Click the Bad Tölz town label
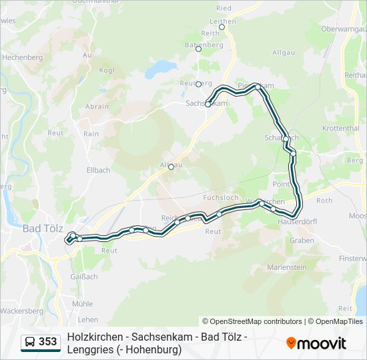pyautogui.click(x=43, y=228)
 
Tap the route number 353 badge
pyautogui.click(x=41, y=342)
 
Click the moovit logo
pyautogui.click(x=316, y=343)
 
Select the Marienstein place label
pyautogui.click(x=286, y=267)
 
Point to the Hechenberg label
pyautogui.click(x=23, y=58)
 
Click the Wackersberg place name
pyautogui.click(x=22, y=311)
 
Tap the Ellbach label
pyautogui.click(x=98, y=170)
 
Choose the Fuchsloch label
pyautogui.click(x=220, y=198)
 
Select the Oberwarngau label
pyautogui.click(x=343, y=29)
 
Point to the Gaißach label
pyautogui.click(x=84, y=277)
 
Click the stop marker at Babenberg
pyautogui.click(x=198, y=49)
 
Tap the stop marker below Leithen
pyautogui.click(x=222, y=27)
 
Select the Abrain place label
pyautogui.click(x=97, y=106)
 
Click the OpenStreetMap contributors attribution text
pyautogui.click(x=252, y=321)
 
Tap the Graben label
pyautogui.click(x=302, y=241)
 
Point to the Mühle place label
pyautogui.click(x=82, y=303)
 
